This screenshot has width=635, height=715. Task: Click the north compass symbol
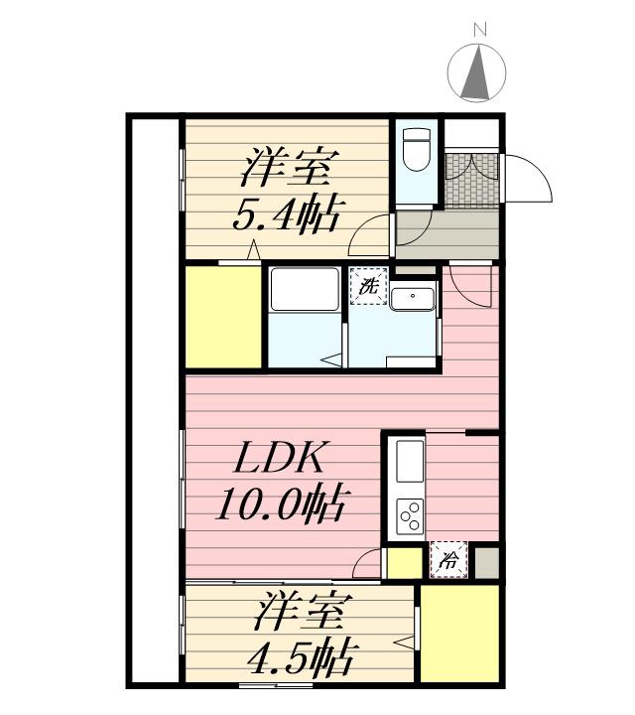[x=478, y=73]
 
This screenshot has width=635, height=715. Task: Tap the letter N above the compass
[x=479, y=30]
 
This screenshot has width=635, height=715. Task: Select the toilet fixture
[x=417, y=149]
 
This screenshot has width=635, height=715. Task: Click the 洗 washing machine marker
[x=368, y=290]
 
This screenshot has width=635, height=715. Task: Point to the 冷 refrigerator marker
[x=448, y=560]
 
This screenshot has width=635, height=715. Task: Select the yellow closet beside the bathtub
[x=221, y=317]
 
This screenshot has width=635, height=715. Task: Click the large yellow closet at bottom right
[x=459, y=633]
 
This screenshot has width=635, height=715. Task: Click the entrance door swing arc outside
[x=529, y=179]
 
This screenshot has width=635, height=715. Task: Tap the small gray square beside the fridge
[x=485, y=560]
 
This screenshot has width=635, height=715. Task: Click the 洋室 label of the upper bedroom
[x=289, y=166]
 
